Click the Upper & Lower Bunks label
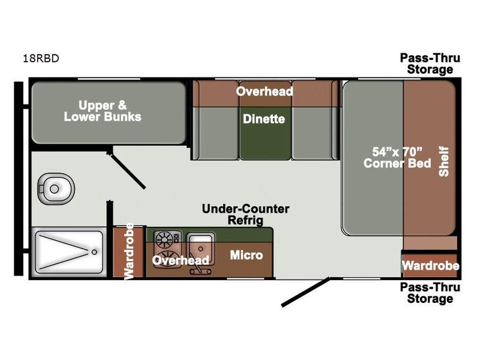click(x=103, y=110)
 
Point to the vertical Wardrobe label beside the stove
click(x=128, y=253)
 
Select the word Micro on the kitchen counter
click(x=247, y=256)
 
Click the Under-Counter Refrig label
click(x=245, y=215)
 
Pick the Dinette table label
click(x=263, y=119)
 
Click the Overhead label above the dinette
click(x=264, y=92)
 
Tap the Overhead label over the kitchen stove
click(x=180, y=260)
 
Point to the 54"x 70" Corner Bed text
click(x=398, y=157)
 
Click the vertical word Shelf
click(x=444, y=163)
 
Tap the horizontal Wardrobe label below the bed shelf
click(x=430, y=266)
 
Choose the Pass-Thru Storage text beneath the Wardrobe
click(x=430, y=293)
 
